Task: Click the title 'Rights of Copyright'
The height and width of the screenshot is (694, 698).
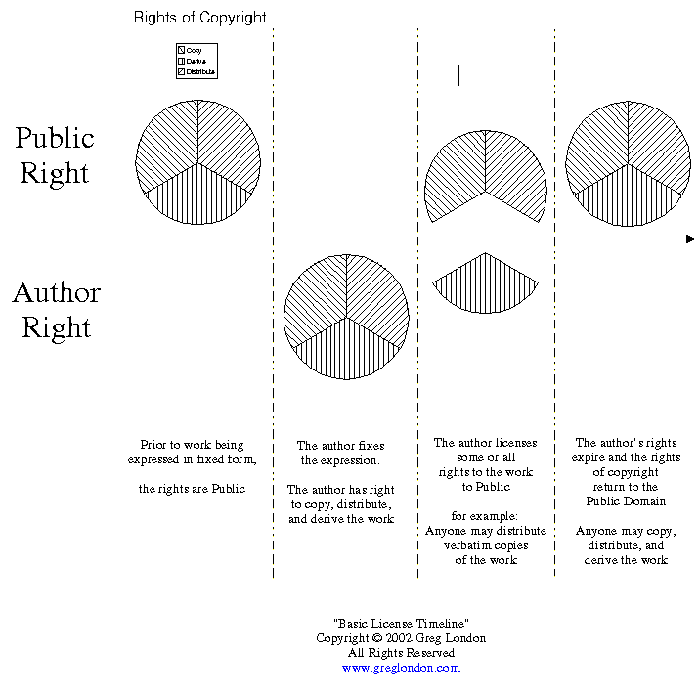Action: pos(199,18)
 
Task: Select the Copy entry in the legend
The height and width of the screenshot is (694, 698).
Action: pos(192,50)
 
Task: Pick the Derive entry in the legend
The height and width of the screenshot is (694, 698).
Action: pos(194,61)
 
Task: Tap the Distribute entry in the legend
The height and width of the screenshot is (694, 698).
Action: pos(198,72)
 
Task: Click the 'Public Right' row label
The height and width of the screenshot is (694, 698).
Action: pos(55,155)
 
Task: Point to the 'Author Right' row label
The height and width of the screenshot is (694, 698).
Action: pos(56,310)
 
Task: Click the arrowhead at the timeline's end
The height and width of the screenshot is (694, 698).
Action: pos(690,239)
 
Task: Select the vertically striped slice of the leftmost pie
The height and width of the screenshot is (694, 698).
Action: pos(198,195)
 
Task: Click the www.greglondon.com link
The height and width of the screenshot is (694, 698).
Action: pos(401,668)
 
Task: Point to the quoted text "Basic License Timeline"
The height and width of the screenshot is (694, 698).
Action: pos(401,624)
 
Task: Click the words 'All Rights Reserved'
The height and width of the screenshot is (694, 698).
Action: pos(401,653)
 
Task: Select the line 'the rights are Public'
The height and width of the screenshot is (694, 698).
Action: pos(192,489)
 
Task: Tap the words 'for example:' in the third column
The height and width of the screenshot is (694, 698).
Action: pos(485,516)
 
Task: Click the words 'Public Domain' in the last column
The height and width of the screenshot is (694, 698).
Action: pos(626,501)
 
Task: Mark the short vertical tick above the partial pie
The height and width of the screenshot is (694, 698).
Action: pos(458,75)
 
